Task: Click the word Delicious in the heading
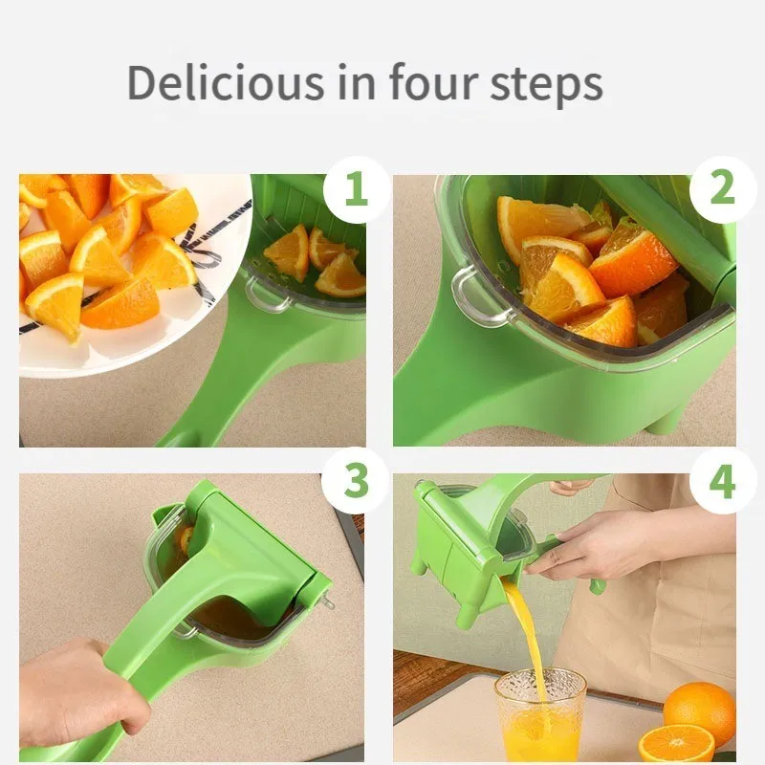(x=225, y=83)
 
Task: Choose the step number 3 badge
(x=355, y=481)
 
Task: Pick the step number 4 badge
(x=722, y=481)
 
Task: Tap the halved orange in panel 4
(x=675, y=744)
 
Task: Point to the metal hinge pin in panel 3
(x=327, y=602)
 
